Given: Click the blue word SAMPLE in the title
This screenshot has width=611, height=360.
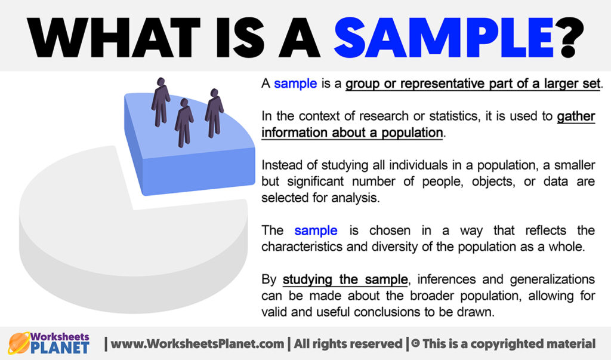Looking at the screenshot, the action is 444,38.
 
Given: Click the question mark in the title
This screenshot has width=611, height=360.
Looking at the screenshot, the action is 569,38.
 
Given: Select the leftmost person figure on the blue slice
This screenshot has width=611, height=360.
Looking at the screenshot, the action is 161,102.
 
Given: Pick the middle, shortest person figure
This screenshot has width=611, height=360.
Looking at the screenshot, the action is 184,122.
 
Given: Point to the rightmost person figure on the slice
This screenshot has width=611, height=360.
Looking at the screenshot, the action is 214,113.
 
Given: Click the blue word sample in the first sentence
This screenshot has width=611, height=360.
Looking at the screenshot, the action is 295,84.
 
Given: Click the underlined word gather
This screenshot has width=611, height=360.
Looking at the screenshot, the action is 576,116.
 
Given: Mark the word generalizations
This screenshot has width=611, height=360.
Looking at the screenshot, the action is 552,279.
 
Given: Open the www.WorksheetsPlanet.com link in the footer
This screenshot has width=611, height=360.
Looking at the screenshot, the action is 197,344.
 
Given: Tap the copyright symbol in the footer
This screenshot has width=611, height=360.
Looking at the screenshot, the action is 415,343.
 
